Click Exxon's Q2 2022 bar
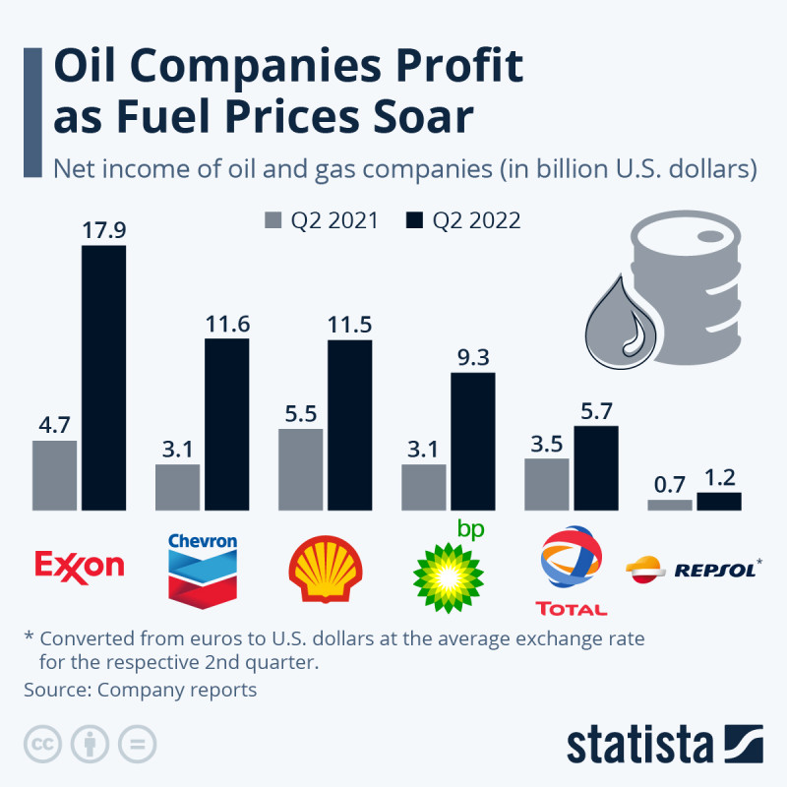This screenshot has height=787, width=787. click(x=103, y=378)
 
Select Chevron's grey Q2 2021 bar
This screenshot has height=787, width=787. click(x=177, y=487)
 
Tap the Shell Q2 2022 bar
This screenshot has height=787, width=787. click(x=349, y=425)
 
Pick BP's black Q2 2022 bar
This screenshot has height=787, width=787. click(x=472, y=442)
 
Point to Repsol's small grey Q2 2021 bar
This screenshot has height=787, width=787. click(x=670, y=505)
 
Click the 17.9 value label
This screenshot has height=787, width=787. click(x=103, y=230)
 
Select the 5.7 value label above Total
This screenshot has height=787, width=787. click(x=595, y=411)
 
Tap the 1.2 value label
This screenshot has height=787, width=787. click(x=719, y=478)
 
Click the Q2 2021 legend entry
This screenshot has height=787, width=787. click(x=322, y=220)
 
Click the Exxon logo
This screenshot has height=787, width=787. click(x=80, y=565)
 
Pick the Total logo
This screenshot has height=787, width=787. click(x=572, y=571)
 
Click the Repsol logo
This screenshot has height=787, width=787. click(x=693, y=568)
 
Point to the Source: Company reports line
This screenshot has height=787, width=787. click(x=140, y=690)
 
